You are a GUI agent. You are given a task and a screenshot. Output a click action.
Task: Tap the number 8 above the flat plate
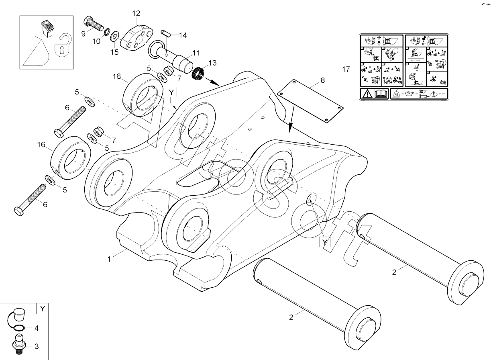322,80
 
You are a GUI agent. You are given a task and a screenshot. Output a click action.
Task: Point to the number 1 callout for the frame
109,259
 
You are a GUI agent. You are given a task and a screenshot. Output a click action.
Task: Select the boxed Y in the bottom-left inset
42,309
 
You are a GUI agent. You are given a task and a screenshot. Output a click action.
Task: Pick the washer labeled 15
114,37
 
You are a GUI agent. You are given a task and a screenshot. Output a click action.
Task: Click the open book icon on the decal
380,94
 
